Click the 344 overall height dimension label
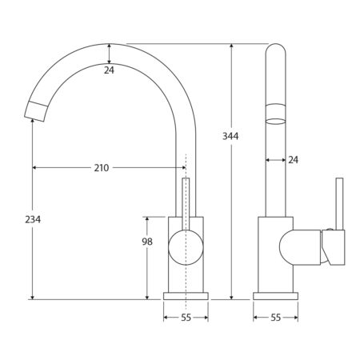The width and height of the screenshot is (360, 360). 230,136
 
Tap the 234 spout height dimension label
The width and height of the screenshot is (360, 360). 33,219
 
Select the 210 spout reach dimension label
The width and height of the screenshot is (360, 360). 102,168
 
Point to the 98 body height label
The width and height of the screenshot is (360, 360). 147,242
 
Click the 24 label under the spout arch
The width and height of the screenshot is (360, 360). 109,70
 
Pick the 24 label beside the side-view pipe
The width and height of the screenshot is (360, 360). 293,160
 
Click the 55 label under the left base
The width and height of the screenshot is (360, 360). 186,318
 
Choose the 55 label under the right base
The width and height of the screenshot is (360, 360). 276,318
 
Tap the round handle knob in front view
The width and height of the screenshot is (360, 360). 186,247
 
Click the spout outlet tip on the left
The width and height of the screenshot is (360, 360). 36,112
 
